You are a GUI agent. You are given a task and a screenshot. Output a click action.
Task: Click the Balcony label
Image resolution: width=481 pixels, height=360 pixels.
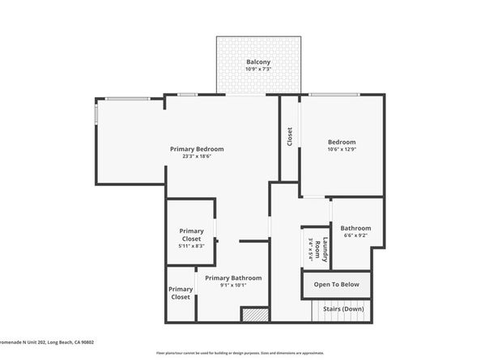pos(258,62)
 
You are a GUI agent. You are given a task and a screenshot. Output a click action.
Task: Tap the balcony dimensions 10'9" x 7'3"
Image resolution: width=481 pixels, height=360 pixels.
pos(258,70)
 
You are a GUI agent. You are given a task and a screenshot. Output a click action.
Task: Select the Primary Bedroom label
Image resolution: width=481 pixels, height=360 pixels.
pos(197,149)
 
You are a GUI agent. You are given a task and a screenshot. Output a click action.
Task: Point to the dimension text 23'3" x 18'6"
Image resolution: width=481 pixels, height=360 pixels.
pos(197,156)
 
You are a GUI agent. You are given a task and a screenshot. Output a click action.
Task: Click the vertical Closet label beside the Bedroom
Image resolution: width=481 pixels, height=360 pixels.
pos(290,137)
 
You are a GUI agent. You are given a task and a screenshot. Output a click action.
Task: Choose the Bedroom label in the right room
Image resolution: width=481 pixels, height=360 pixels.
pos(342,142)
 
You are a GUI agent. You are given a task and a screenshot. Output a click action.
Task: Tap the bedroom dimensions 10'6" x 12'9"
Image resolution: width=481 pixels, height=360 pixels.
pos(342,150)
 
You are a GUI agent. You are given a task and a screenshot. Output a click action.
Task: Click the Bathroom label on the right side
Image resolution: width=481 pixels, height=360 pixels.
pos(355,228)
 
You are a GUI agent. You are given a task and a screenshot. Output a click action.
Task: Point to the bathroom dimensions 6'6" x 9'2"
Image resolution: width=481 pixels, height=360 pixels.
pos(355,235)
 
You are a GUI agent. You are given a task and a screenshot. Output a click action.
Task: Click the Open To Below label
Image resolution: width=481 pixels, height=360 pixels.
pos(337,285)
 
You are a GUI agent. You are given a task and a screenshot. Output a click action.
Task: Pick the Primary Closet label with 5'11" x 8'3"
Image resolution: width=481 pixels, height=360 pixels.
pos(191,235)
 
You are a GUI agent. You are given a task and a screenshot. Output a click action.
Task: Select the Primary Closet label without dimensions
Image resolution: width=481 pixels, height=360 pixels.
pos(181,293)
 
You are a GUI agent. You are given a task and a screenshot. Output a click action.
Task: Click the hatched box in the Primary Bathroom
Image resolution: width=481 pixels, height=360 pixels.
pos(254,315)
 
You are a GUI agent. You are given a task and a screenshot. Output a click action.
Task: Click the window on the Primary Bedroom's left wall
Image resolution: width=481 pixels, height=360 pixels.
pos(96,112)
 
